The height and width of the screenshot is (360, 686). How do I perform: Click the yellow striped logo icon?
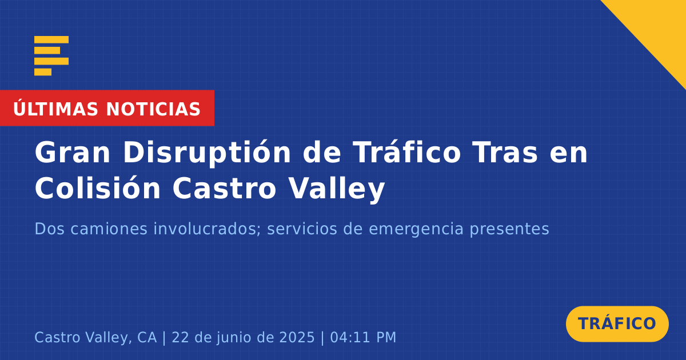[51, 56]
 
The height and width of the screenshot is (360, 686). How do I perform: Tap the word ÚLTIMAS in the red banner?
[55, 109]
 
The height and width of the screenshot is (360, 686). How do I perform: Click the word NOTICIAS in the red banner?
[153, 109]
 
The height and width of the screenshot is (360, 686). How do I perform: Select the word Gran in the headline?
[72, 153]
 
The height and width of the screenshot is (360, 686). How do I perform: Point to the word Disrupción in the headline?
[207, 153]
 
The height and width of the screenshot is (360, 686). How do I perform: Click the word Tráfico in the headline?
[406, 152]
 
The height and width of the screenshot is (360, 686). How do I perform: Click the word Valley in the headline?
[337, 189]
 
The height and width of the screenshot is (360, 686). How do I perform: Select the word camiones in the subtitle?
[109, 229]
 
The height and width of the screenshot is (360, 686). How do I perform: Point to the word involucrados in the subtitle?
[207, 229]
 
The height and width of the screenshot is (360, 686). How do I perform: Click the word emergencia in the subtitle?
[416, 230]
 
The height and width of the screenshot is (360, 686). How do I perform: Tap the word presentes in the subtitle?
[509, 230]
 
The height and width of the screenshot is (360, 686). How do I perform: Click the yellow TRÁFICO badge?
[617, 324]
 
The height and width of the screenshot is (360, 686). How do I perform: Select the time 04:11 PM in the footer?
[363, 337]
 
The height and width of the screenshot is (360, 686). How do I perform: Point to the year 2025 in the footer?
[297, 337]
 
